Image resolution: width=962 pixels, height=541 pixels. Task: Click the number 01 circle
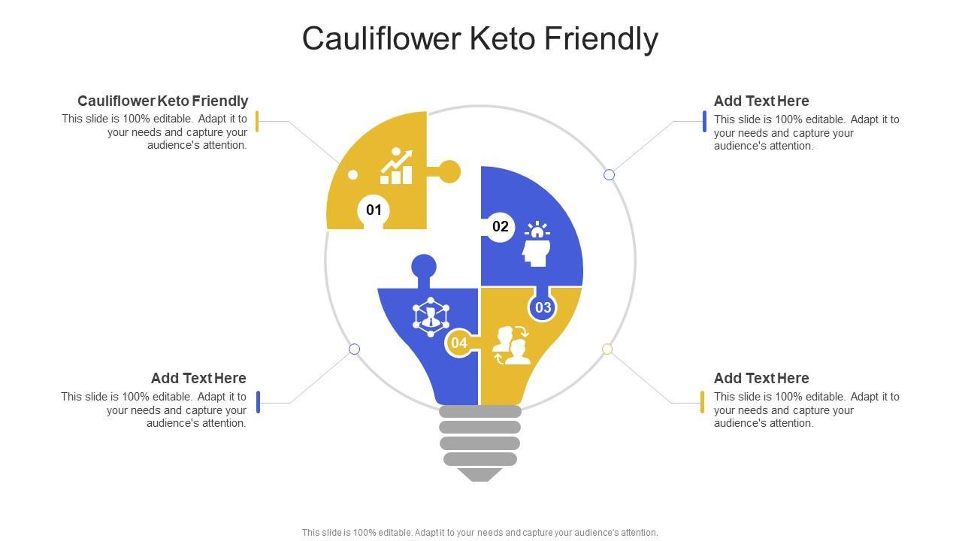(374, 210)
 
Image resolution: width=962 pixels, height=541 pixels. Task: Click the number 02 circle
(501, 226)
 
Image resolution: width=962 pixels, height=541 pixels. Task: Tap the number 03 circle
(543, 307)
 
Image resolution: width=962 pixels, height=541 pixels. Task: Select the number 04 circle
(458, 343)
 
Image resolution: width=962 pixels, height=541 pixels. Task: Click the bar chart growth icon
(396, 167)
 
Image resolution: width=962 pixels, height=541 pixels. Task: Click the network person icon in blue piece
(431, 315)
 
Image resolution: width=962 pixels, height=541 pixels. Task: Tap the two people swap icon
(512, 345)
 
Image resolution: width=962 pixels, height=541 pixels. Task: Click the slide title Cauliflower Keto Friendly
(480, 38)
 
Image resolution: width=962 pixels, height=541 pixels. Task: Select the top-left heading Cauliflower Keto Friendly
(162, 101)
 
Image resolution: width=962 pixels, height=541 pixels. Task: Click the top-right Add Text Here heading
(761, 101)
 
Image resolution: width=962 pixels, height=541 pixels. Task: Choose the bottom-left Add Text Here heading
(198, 378)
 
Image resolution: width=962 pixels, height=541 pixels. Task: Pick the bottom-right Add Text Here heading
(761, 378)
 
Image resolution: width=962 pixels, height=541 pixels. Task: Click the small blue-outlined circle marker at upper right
(609, 174)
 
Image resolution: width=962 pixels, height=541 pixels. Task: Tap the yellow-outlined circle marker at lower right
(607, 349)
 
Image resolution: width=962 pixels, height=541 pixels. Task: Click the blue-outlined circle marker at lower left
(355, 349)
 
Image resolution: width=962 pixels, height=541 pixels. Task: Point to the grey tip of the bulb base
(479, 474)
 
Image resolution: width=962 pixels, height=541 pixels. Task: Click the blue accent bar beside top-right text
(704, 121)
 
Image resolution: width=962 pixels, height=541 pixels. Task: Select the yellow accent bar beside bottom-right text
(702, 402)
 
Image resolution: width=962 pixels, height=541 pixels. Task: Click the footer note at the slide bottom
(479, 533)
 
